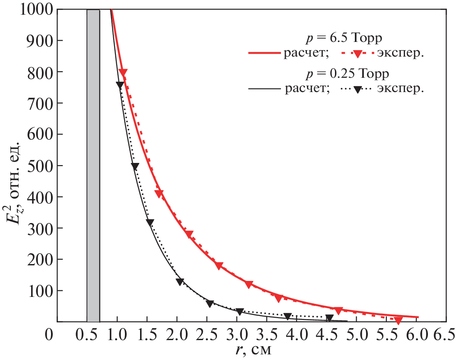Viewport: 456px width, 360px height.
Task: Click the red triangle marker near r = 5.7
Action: [398, 320]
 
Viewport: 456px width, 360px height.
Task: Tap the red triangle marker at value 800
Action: [123, 73]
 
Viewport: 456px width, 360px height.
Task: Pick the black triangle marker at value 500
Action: [135, 166]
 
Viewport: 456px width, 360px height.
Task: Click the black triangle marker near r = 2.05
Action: [180, 282]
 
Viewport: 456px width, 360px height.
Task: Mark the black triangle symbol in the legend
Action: [357, 89]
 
